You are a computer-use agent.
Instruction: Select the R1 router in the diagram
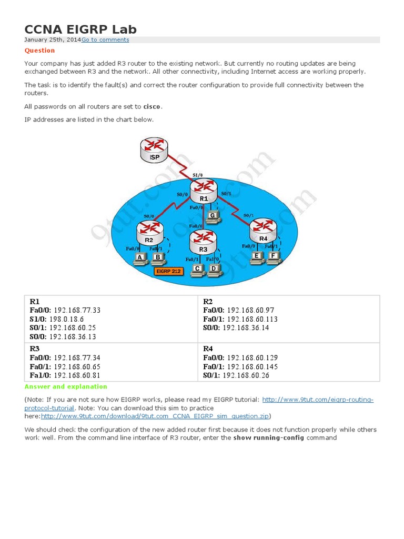[x=204, y=191]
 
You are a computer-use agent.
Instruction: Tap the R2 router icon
[x=150, y=232]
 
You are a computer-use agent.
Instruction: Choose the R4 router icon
[x=262, y=230]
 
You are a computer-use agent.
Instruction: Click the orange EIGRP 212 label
[x=167, y=271]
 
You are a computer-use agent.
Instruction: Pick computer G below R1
[x=213, y=217]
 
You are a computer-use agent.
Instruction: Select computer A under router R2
[x=140, y=258]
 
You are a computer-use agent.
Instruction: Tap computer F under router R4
[x=272, y=257]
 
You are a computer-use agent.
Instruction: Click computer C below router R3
[x=197, y=269]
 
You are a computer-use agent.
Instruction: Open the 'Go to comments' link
[x=105, y=39]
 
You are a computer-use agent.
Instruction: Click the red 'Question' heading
[x=39, y=51]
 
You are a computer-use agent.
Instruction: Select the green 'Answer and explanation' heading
[x=66, y=387]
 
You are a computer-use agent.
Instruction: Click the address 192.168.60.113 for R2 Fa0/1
[x=252, y=319]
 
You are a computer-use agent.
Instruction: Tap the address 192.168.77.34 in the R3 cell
[x=77, y=358]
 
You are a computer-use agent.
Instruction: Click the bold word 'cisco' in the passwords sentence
[x=153, y=107]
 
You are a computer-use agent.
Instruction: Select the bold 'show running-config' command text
[x=269, y=438]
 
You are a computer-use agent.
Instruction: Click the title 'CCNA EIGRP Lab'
[x=80, y=29]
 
